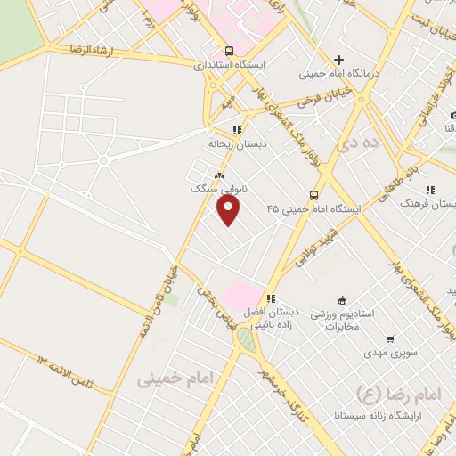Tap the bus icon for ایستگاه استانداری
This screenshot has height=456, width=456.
click(230, 51)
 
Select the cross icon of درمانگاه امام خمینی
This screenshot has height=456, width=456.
click(338, 59)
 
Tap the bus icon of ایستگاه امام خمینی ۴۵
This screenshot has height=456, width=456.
click(313, 194)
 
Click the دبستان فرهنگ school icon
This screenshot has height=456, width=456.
click(430, 190)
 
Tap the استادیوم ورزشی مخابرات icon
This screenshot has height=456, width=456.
click(341, 300)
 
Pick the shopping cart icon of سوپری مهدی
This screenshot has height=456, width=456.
click(390, 338)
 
